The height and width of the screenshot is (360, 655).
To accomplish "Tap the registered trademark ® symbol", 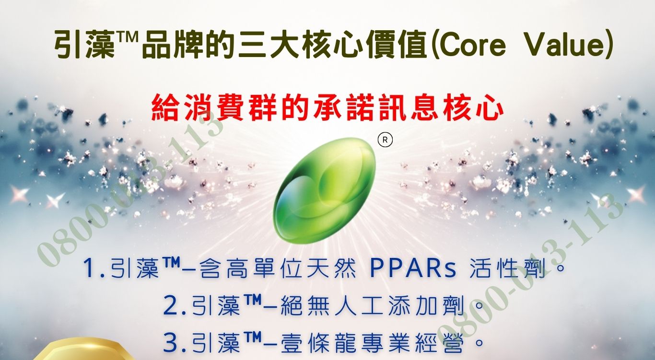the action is click(385, 140).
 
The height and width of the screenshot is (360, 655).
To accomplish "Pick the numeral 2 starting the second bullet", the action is click(171, 305).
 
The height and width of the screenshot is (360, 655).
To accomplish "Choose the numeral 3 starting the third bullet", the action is click(171, 342).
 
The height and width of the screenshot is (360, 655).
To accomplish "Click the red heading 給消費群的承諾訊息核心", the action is click(328, 107).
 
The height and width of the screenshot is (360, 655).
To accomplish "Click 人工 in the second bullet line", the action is click(359, 305).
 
